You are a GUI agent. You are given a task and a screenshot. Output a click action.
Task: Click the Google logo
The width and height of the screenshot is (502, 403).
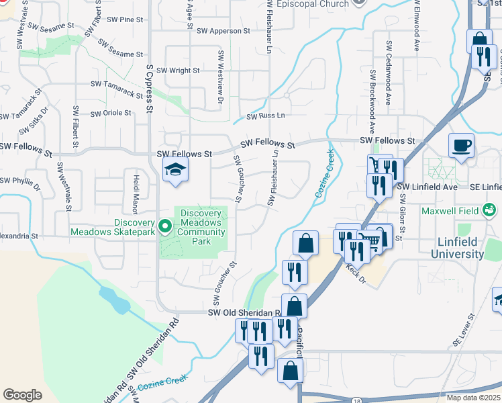tap(23, 395)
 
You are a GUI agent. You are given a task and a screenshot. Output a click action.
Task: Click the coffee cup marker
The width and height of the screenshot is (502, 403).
tap(462, 145)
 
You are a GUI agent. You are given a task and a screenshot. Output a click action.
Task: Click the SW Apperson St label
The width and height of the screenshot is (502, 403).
tap(223, 31)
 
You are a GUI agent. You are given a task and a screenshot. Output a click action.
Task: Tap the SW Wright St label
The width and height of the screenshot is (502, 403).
tap(178, 70)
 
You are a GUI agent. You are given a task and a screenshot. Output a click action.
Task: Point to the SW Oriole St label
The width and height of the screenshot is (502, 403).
tap(111, 112)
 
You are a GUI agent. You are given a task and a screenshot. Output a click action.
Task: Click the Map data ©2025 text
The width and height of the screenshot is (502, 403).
tap(473, 398)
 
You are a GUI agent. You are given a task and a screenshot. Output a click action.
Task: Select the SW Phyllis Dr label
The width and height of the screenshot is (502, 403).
tap(20, 181)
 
